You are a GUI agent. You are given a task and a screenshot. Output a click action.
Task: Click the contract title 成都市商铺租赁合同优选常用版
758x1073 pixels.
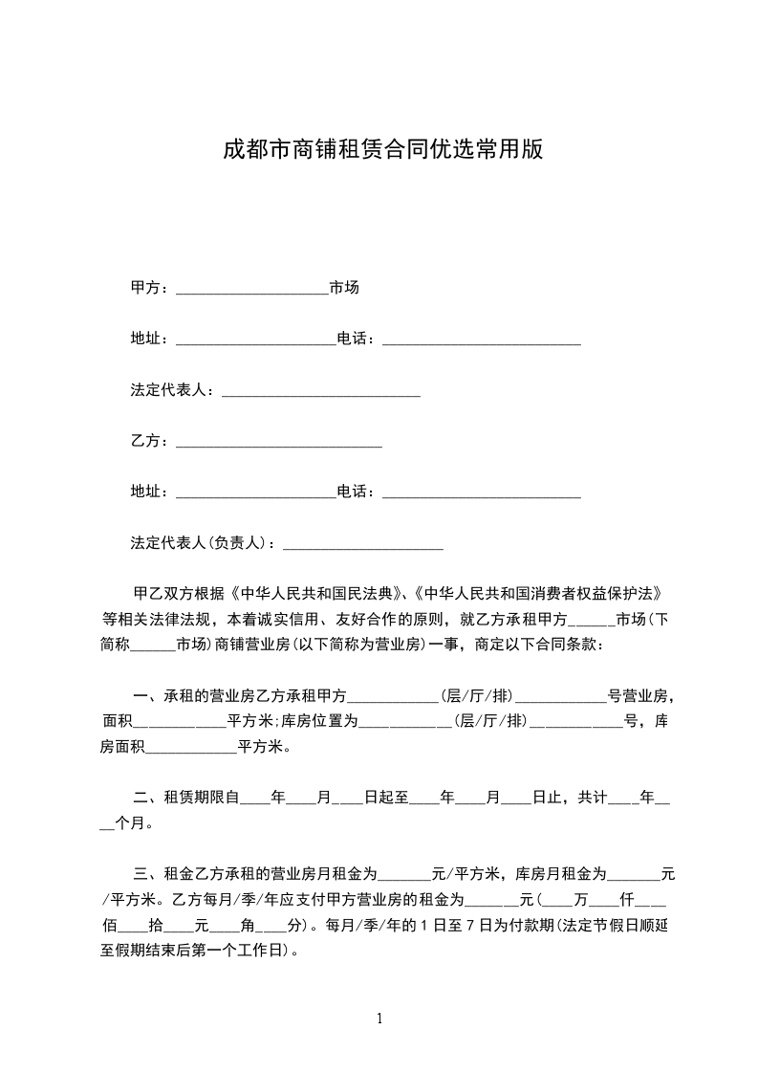coord(382,149)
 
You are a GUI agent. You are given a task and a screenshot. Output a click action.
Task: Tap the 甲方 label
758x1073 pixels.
coord(145,288)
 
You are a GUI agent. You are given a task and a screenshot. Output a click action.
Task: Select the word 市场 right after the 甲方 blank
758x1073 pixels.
coord(344,288)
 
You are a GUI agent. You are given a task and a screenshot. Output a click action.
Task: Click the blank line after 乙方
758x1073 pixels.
coord(279,441)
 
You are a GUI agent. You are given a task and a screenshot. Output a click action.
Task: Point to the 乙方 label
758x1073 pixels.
coord(145,441)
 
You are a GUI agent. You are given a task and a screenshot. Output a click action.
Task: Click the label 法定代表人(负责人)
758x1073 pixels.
coord(201,543)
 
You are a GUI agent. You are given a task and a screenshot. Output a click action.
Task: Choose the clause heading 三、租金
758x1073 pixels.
coord(164,873)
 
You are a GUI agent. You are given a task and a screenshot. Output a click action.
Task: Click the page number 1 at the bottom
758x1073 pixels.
coord(379,1018)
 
